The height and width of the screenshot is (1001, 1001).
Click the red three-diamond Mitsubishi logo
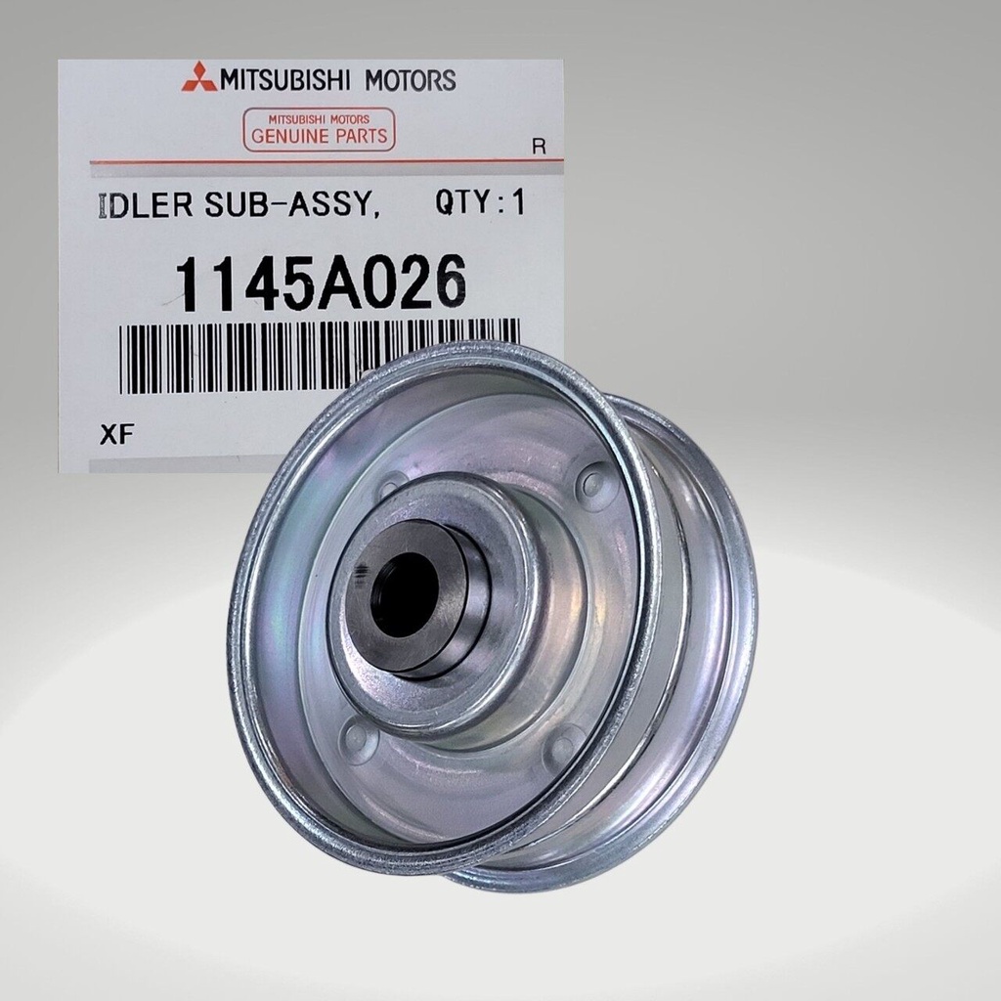[199, 77]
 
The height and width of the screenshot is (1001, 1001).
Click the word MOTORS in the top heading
[410, 80]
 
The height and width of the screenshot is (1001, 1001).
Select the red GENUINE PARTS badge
[320, 130]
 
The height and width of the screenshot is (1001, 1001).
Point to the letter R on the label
[539, 147]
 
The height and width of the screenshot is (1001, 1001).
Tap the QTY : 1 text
[480, 203]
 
